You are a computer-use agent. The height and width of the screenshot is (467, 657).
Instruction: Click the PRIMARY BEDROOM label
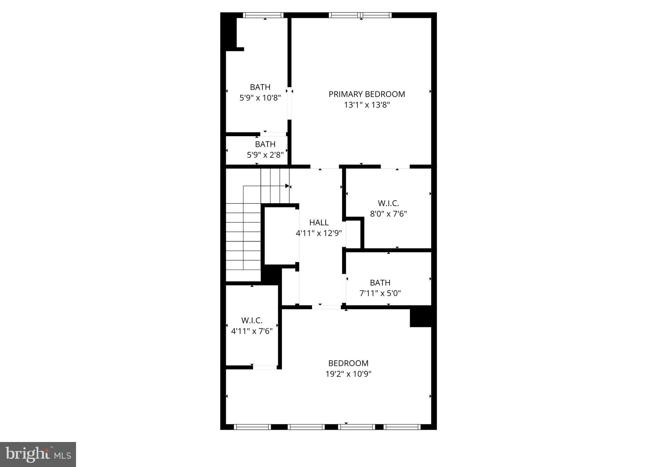click(367, 94)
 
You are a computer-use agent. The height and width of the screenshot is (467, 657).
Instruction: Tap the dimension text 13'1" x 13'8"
click(367, 105)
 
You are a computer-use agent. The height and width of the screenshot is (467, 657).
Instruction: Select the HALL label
click(319, 222)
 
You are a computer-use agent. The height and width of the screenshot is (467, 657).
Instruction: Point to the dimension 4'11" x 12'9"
click(319, 233)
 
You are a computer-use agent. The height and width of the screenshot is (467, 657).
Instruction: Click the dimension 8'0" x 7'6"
click(388, 214)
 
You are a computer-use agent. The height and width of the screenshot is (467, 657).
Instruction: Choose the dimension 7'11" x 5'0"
click(380, 293)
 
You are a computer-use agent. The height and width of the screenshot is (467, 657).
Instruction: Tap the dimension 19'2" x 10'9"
click(348, 374)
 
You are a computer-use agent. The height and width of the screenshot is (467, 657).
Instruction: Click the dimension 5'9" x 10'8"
click(260, 98)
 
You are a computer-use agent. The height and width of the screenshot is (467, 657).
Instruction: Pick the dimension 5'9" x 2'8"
click(265, 155)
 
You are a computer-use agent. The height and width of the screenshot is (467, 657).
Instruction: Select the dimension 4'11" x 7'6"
click(252, 331)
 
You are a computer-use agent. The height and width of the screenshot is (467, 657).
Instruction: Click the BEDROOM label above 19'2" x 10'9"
click(348, 363)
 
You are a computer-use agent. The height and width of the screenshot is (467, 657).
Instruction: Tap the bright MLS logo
click(38, 454)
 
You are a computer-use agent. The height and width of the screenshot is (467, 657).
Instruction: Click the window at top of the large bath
click(263, 15)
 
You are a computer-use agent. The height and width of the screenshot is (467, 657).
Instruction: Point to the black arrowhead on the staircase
click(287, 186)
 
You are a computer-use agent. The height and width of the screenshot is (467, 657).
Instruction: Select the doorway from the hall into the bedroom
click(326, 307)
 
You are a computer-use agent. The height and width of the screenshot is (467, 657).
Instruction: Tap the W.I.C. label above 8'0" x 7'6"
click(388, 203)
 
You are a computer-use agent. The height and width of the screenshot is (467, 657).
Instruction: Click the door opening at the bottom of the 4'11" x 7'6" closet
click(265, 367)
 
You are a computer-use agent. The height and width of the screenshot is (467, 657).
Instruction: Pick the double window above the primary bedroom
click(360, 15)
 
